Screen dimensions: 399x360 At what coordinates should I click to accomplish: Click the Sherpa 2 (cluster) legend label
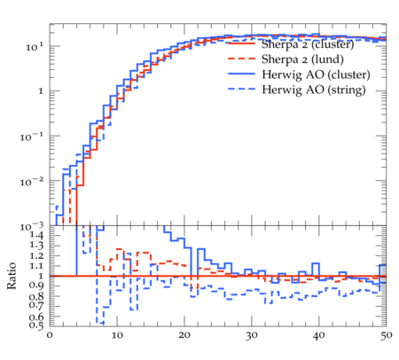[308, 44]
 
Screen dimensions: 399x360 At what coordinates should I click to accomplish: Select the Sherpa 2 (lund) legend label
[302, 59]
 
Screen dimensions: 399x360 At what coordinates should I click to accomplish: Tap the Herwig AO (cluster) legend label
[316, 74]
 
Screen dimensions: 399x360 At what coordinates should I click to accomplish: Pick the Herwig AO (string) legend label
[314, 90]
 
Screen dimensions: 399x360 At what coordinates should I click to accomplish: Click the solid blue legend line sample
[241, 74]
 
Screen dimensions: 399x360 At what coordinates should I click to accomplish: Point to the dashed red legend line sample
[241, 59]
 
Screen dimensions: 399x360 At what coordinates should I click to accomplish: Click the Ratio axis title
[12, 276]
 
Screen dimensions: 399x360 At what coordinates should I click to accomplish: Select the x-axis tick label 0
[50, 335]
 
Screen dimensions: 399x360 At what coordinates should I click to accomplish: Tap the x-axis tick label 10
[117, 335]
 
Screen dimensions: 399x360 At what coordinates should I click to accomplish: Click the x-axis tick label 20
[184, 335]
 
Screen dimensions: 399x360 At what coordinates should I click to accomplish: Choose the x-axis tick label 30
[252, 335]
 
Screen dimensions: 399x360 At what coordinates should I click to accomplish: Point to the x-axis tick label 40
[319, 335]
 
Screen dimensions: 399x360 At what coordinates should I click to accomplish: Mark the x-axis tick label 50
[387, 335]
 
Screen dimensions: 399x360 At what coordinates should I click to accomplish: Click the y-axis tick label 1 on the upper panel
[41, 91]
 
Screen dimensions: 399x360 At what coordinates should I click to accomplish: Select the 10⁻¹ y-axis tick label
[32, 137]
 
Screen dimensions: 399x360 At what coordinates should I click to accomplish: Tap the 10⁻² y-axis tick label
[32, 182]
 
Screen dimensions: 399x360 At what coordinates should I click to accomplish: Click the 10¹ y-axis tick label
[35, 47]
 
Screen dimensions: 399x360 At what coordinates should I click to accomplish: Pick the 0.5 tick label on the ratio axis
[36, 325]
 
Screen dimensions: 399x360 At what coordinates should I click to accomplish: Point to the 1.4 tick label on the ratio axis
[36, 235]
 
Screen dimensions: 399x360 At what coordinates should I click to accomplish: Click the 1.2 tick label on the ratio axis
[36, 255]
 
